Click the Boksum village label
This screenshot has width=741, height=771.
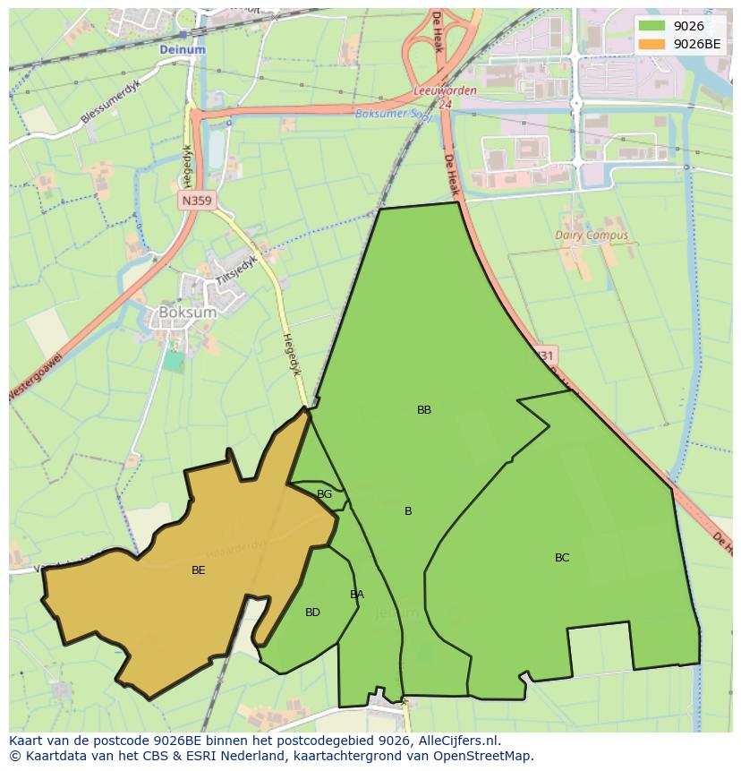pos(187,313)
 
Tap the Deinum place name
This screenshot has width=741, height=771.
pos(183,50)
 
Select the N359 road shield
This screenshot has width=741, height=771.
pos(195,201)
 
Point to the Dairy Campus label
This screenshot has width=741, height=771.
pos(592,236)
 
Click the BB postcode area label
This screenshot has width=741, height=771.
pos(424,410)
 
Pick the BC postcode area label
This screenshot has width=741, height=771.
pos(562,558)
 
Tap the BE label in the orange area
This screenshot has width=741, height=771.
pos(199,570)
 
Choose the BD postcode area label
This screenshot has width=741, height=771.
pos(312,613)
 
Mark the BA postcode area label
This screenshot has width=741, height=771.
pos(357,595)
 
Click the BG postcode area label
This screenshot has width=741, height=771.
pos(324,494)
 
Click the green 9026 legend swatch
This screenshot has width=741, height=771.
pos(652,26)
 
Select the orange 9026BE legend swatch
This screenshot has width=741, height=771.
pos(652,43)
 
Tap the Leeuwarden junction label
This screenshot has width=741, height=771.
pos(445,91)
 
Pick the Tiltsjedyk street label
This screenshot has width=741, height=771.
pos(235,270)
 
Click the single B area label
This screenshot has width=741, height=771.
pos(408,511)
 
